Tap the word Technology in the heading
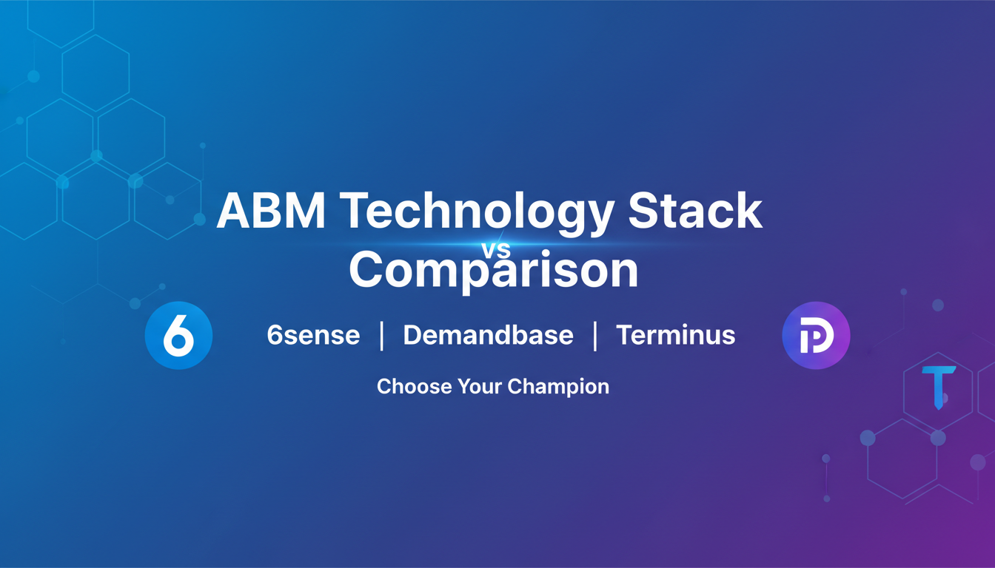(480, 214)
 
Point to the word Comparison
(493, 270)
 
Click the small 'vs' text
(496, 250)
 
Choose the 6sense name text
(313, 335)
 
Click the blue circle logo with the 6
(178, 336)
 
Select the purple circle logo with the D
(816, 336)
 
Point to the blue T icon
(939, 387)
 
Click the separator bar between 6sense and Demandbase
(381, 336)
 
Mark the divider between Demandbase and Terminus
(594, 336)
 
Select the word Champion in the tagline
(558, 388)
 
